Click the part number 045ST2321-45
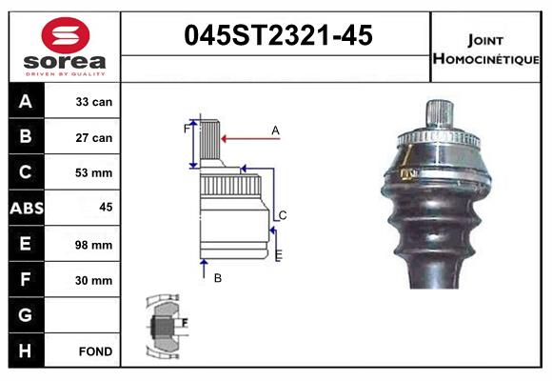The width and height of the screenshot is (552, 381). click(x=277, y=36)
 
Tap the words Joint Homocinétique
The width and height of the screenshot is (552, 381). click(x=486, y=49)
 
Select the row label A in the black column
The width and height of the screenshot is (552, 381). click(x=26, y=102)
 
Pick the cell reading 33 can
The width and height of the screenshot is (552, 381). click(x=94, y=102)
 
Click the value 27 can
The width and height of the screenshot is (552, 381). click(x=94, y=137)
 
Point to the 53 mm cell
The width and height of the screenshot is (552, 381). click(x=94, y=173)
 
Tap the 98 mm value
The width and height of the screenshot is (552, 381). click(x=94, y=245)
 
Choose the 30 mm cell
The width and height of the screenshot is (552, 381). click(x=94, y=280)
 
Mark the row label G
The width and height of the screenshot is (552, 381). click(x=26, y=315)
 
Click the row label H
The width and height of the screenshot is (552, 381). click(x=26, y=351)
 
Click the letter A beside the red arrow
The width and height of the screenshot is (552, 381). click(x=275, y=130)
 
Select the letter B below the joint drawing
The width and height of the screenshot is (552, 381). click(x=217, y=278)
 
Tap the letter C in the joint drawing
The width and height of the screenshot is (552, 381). click(x=283, y=214)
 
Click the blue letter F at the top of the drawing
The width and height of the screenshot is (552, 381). click(x=187, y=128)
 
